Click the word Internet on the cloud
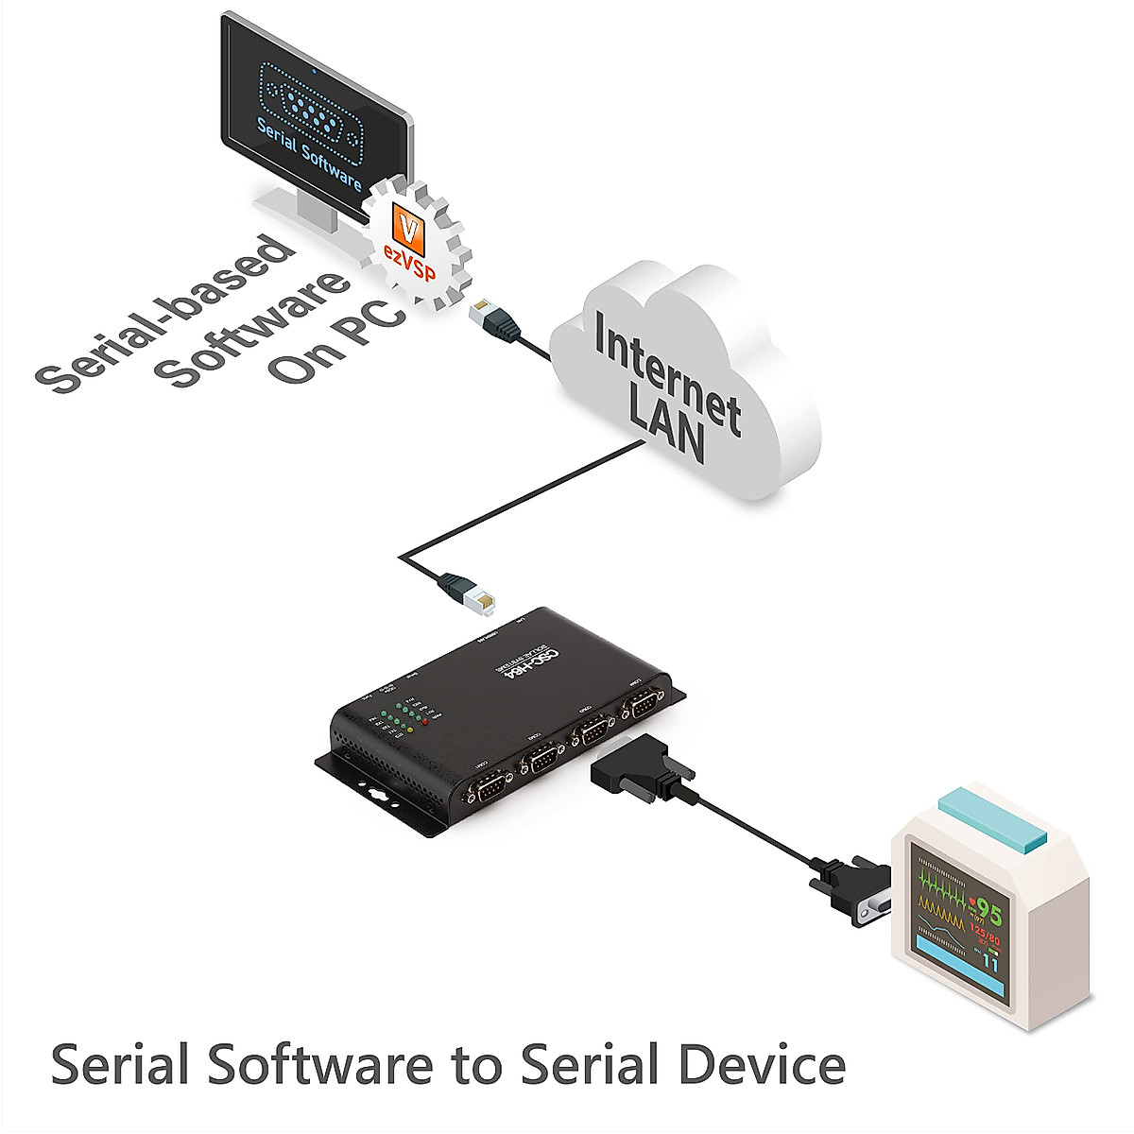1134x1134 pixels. click(666, 378)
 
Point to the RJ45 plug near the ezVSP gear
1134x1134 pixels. click(494, 318)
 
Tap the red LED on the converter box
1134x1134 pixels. click(426, 722)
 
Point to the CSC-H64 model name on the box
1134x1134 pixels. click(516, 661)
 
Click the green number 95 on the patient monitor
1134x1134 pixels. click(988, 912)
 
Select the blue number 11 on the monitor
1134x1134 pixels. click(989, 964)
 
